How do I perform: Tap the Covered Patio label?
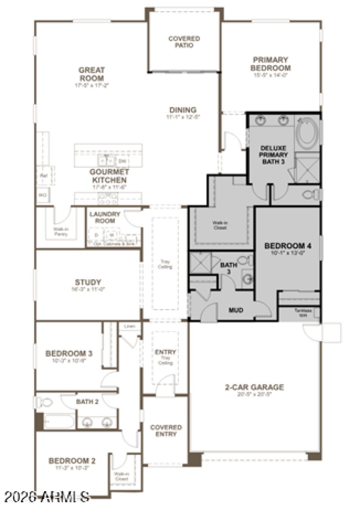[184, 42]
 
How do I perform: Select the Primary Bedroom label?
[271, 64]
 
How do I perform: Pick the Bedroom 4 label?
[288, 246]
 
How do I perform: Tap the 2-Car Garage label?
[254, 387]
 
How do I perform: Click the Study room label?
[88, 283]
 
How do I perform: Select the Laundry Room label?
[105, 217]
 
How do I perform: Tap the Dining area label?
[183, 110]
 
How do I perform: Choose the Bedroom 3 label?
[69, 354]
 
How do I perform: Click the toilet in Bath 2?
[43, 402]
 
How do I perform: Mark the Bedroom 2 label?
[72, 461]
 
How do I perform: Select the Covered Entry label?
[166, 431]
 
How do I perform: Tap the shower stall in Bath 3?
[200, 262]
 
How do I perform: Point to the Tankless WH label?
[299, 311]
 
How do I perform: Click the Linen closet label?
[129, 326]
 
